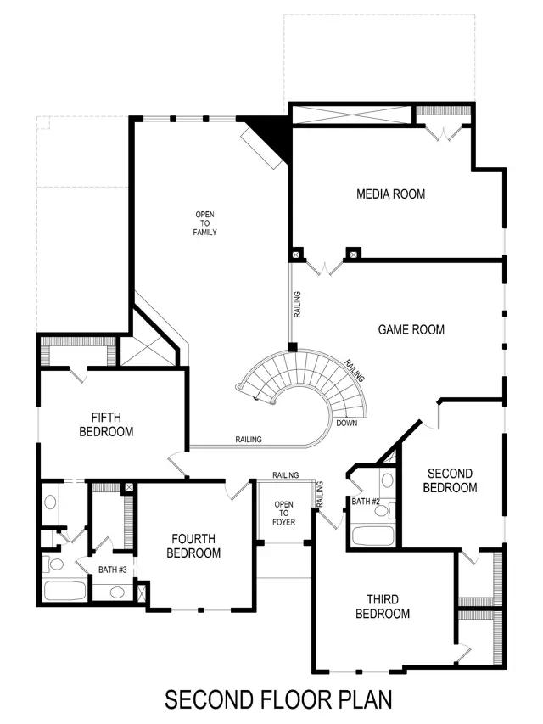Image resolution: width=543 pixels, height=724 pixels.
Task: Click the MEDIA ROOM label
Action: click(x=390, y=194)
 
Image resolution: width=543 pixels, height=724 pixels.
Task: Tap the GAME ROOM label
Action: click(x=411, y=329)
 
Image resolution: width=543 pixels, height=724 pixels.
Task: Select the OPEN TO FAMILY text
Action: click(x=205, y=223)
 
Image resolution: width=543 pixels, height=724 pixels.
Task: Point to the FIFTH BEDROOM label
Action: click(x=106, y=424)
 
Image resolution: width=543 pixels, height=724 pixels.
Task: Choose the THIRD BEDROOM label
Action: click(x=383, y=606)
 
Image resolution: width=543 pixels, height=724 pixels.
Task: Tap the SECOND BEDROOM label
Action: click(x=450, y=480)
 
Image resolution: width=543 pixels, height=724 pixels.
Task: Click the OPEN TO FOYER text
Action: click(x=283, y=514)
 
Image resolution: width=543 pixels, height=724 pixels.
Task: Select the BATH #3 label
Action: click(x=112, y=570)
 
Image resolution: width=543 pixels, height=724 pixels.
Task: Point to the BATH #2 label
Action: click(x=367, y=502)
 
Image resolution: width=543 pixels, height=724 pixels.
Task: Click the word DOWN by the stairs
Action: click(x=346, y=423)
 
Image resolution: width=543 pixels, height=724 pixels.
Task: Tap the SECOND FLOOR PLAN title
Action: click(x=278, y=700)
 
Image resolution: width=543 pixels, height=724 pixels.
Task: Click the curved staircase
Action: click(x=305, y=382)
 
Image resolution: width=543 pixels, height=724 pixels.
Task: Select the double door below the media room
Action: click(x=324, y=267)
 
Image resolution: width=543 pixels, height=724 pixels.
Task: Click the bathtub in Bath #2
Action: click(x=372, y=536)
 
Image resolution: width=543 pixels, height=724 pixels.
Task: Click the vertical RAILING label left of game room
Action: click(x=298, y=304)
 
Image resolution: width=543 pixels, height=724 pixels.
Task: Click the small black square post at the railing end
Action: click(x=292, y=347)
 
